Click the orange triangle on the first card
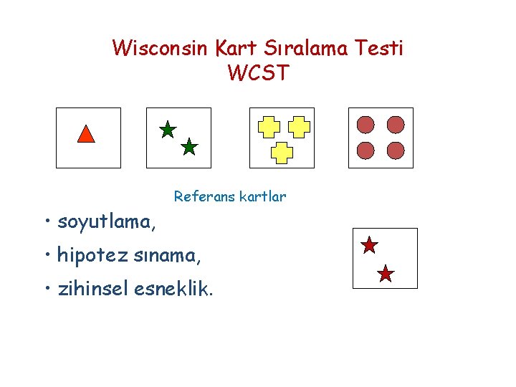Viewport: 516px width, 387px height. tap(86, 134)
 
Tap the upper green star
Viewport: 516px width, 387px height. tap(167, 130)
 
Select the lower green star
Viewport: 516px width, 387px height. tap(188, 148)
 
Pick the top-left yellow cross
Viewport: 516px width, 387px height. tap(269, 126)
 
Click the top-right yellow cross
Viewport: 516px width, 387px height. tap(298, 126)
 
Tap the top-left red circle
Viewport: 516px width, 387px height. tap(366, 125)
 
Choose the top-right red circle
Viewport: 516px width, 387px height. tap(396, 125)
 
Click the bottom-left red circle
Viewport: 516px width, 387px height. tap(366, 150)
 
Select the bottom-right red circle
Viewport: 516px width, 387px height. tap(396, 150)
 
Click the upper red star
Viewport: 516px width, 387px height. tap(369, 246)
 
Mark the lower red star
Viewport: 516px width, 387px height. tap(386, 273)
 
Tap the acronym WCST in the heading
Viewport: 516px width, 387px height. tap(258, 73)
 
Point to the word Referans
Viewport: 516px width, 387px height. tap(201, 196)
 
